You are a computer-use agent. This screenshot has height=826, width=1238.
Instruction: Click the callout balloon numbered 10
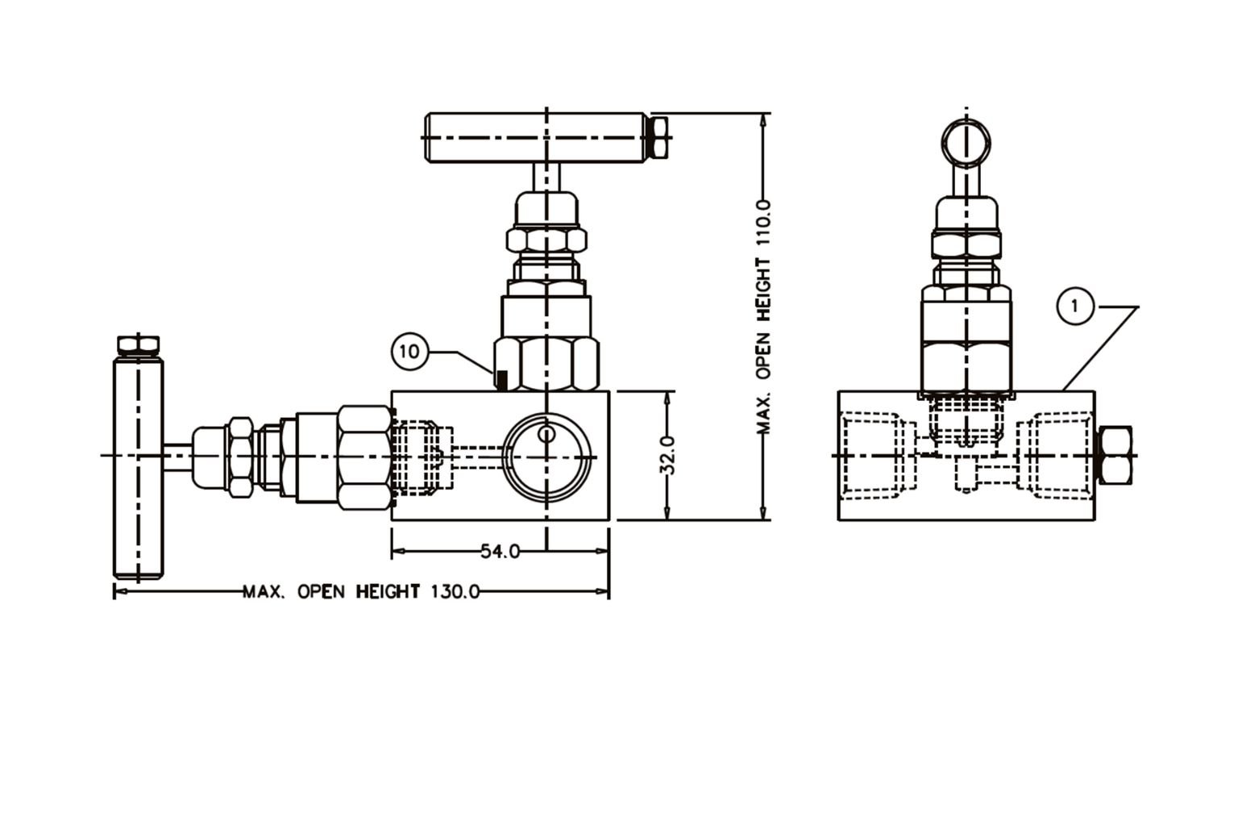click(409, 352)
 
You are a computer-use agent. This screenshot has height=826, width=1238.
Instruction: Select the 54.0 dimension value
click(500, 552)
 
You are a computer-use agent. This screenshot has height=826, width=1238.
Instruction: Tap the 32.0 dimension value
click(667, 456)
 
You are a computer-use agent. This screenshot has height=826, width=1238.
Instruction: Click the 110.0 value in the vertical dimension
click(763, 227)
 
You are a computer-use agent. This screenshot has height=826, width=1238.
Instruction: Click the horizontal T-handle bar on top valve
click(536, 138)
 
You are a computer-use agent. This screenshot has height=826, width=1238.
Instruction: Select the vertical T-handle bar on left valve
click(138, 468)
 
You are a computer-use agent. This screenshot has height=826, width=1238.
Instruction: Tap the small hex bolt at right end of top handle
click(658, 137)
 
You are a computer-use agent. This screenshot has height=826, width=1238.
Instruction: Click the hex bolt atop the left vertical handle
click(139, 345)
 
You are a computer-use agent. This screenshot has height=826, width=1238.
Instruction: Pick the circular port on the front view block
click(546, 456)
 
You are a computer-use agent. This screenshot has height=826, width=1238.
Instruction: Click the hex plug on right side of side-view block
click(1115, 456)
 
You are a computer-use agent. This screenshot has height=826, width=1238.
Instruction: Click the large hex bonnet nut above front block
click(548, 363)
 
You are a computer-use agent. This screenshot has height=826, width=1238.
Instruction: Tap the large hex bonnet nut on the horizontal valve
click(364, 457)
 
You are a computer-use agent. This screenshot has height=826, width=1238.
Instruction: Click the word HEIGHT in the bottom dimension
click(388, 592)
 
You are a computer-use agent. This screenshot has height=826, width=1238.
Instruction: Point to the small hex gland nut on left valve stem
click(240, 457)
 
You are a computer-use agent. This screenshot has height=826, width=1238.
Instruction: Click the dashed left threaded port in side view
click(869, 456)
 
